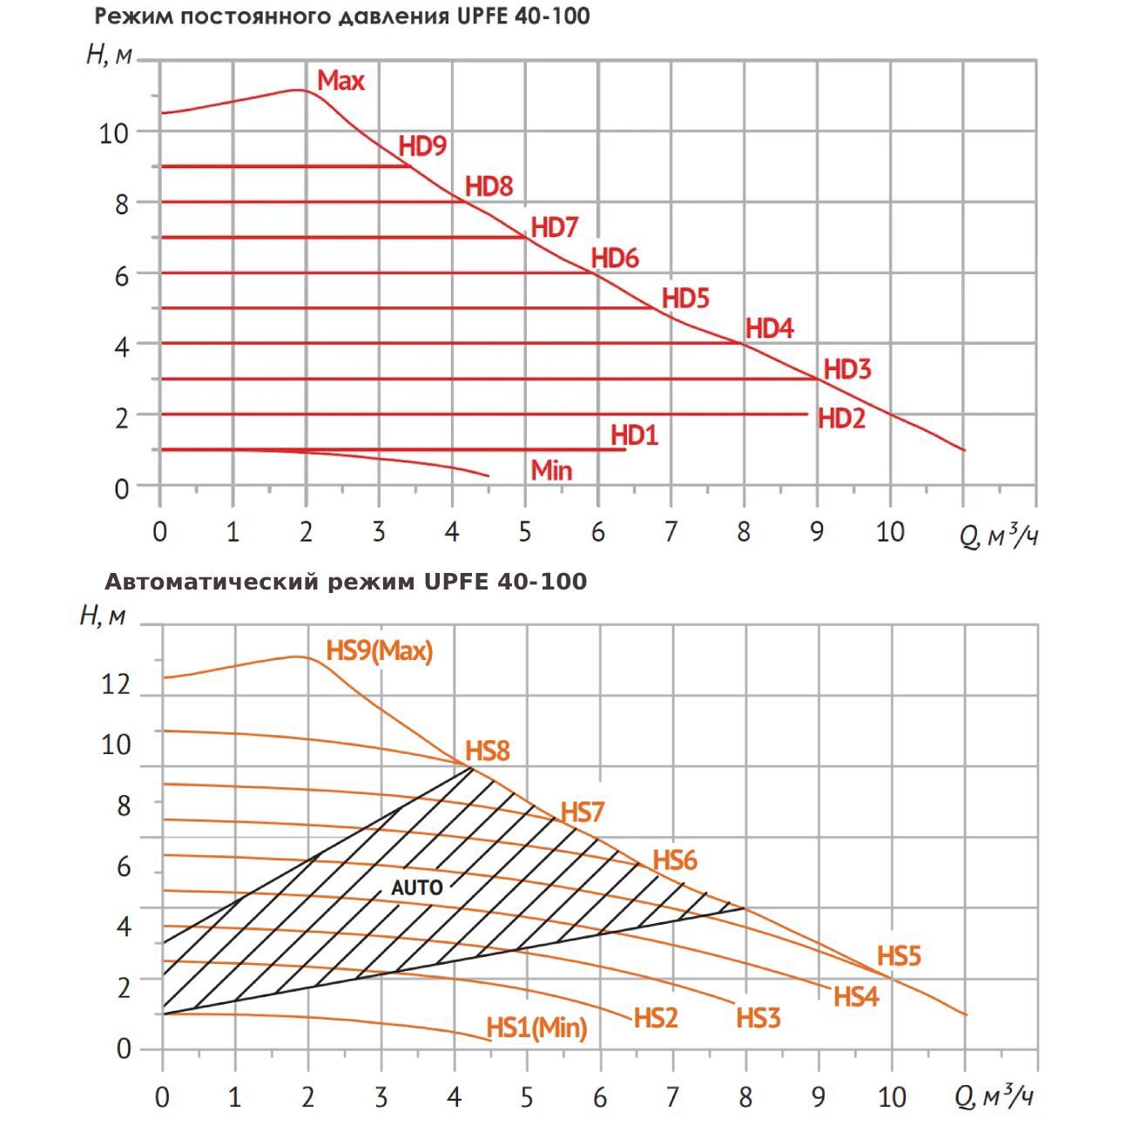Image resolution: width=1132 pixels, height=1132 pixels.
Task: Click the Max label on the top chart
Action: click(x=340, y=81)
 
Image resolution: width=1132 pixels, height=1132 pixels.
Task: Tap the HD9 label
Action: click(x=422, y=146)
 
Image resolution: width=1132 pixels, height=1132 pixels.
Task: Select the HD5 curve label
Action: click(x=685, y=298)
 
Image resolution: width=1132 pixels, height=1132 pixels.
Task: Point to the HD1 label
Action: click(x=634, y=435)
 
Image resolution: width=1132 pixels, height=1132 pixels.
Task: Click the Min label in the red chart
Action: click(x=551, y=470)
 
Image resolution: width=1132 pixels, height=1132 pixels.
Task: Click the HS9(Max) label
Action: click(x=379, y=650)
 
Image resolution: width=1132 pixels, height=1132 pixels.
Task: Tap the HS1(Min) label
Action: click(x=536, y=1028)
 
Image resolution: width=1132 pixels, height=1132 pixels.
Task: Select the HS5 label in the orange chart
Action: click(x=899, y=956)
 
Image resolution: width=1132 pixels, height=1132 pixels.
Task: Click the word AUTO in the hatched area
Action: click(x=417, y=888)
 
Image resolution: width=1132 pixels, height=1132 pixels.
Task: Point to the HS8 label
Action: click(x=487, y=751)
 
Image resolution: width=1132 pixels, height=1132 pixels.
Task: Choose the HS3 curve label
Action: click(x=758, y=1018)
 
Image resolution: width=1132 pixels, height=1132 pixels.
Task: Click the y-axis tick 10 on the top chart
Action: click(x=114, y=133)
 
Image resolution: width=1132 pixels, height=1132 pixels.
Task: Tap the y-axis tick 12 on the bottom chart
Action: click(x=116, y=684)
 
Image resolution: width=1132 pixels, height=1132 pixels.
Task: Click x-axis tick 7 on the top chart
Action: click(x=670, y=531)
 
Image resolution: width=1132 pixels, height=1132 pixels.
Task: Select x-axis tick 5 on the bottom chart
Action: click(x=526, y=1097)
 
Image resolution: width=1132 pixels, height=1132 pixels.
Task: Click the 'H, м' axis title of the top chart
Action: click(x=110, y=55)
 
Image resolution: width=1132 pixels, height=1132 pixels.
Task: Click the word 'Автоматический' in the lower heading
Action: click(x=212, y=582)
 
